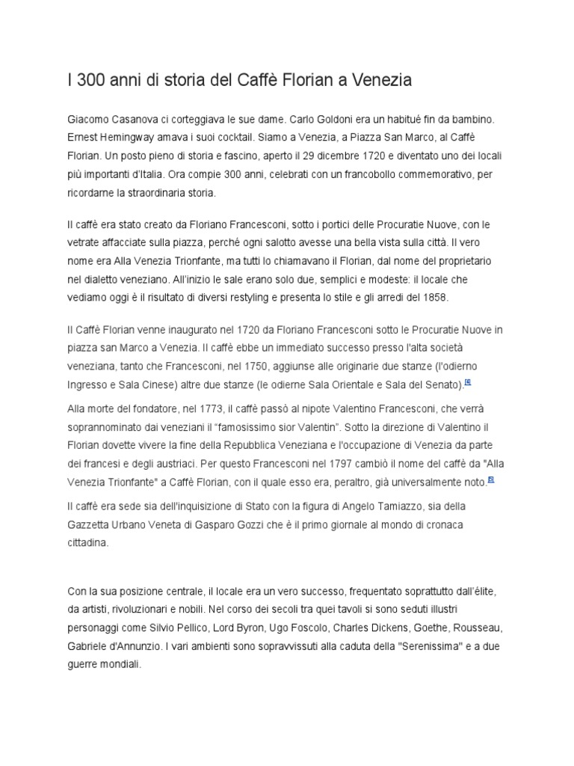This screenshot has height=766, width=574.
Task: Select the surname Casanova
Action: click(x=136, y=120)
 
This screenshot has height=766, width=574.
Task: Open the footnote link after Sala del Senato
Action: click(x=468, y=382)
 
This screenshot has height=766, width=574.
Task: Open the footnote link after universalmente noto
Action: click(x=490, y=480)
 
